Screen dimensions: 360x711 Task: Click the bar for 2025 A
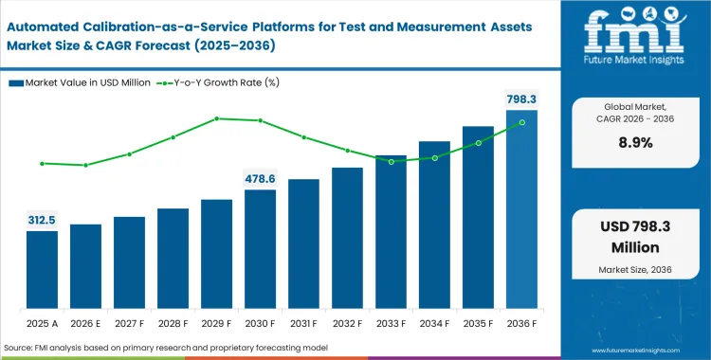coord(42,271)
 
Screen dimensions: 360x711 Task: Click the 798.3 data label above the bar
coord(520,99)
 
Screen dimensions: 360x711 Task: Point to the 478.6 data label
coord(260,178)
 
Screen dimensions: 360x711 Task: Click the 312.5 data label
coord(42,220)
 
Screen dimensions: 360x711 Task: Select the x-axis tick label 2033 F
coord(391,325)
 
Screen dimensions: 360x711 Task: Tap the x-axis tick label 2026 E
coord(85,325)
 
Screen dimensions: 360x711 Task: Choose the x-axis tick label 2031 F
coord(303,325)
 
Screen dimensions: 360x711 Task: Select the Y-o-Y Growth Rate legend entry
coord(235,82)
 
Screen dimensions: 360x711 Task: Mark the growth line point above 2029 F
coord(216,118)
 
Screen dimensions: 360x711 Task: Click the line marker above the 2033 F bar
coord(391,162)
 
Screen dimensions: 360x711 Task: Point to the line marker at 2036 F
coord(521,123)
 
